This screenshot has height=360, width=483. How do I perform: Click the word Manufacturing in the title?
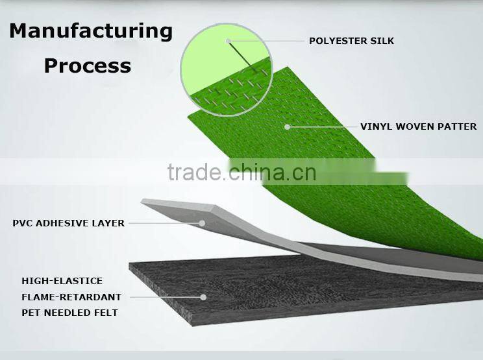91,30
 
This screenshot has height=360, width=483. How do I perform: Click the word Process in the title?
87,66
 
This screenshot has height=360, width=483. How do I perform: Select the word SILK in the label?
381,41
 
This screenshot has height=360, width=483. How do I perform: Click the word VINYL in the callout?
375,126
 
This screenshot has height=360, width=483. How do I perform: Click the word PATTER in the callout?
458,126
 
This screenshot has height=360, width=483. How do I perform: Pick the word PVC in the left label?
24,223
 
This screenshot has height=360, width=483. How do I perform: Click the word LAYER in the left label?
110,223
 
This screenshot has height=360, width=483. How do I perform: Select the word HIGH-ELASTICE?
62,281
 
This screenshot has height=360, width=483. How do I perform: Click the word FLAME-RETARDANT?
71,297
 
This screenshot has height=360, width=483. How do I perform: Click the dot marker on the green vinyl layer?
287,126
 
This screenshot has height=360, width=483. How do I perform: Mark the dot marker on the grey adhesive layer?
203,223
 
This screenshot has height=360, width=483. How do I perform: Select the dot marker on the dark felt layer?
203,297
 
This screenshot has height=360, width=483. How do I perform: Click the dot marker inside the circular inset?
229,42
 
